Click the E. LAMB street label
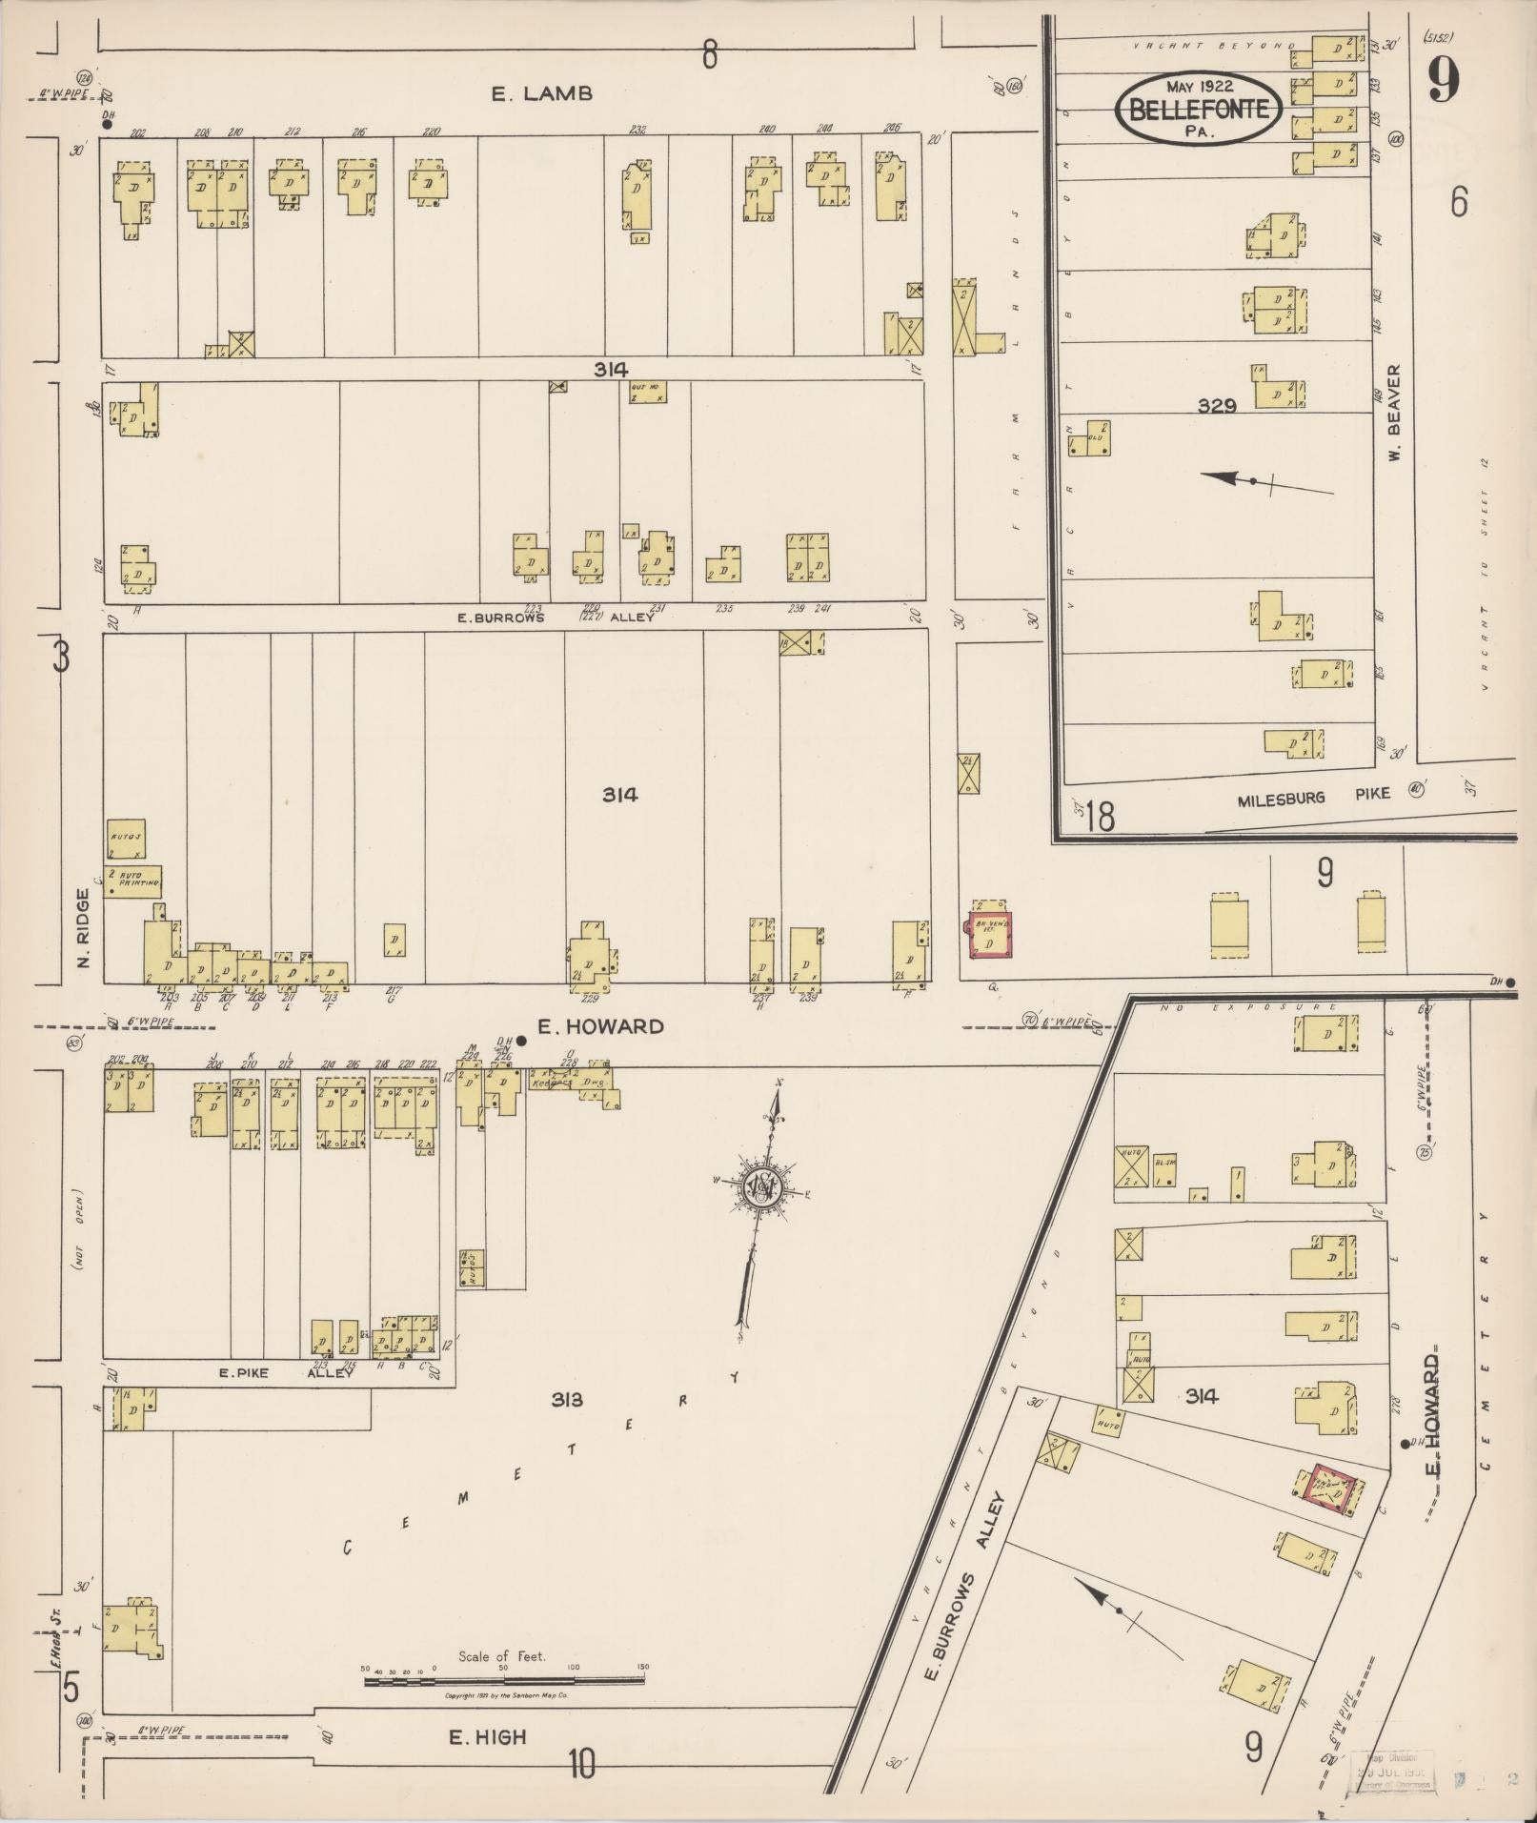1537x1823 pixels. pos(542,93)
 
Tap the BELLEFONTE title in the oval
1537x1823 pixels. pos(1199,110)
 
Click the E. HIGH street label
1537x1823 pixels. pos(488,1737)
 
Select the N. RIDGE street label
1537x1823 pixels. pos(83,928)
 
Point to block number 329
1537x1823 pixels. pos(1217,406)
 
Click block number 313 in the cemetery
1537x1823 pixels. pos(567,1399)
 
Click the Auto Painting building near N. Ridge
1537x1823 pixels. pos(132,881)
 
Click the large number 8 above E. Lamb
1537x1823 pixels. pos(709,55)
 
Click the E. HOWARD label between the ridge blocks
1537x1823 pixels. pos(600,1026)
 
